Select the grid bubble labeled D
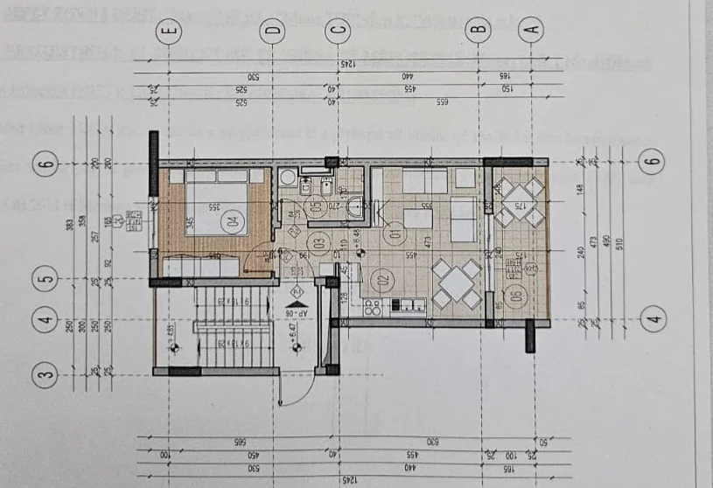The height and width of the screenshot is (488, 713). point(274,31)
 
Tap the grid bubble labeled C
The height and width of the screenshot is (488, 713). point(338,31)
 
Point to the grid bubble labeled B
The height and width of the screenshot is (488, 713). point(478,31)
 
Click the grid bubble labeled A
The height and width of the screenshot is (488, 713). point(530,31)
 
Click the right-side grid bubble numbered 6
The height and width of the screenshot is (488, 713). point(652,162)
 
